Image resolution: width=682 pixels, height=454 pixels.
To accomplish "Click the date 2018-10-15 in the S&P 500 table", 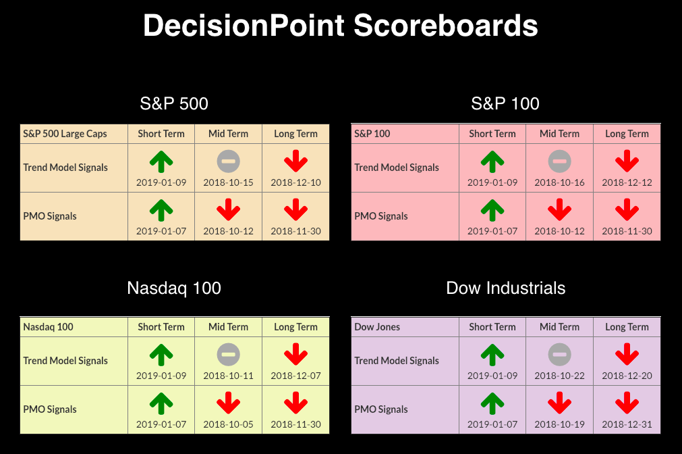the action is [229, 182].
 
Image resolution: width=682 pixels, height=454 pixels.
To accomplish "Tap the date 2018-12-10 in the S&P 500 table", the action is [295, 182].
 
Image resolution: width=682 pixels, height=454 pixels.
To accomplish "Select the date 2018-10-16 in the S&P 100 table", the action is [559, 182].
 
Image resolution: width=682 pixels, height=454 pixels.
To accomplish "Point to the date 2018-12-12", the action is [627, 182].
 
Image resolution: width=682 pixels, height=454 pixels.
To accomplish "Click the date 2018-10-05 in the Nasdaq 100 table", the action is [229, 424].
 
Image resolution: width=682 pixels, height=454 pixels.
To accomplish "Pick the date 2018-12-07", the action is [295, 376].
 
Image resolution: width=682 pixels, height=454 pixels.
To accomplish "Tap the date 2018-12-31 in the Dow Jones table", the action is [627, 424].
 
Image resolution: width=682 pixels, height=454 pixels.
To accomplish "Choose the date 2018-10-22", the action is [559, 376].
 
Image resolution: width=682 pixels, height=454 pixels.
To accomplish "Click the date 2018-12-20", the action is [627, 376].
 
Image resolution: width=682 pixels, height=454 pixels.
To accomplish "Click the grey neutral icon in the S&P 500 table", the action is [229, 161].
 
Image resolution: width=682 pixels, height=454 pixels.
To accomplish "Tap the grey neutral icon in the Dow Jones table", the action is [559, 354].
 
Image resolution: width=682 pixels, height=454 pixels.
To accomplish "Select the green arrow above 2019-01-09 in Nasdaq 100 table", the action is [161, 355].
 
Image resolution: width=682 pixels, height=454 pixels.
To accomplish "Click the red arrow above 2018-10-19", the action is [559, 403].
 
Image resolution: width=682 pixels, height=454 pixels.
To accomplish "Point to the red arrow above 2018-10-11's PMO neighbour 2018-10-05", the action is [229, 403].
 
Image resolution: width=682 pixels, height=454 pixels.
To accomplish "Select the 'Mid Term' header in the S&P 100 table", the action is [559, 134].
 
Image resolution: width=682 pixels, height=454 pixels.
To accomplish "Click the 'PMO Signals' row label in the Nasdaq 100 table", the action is [50, 409].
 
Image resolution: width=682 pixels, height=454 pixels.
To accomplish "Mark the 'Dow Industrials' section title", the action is [506, 288].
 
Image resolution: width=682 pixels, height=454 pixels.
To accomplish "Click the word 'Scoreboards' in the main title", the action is [446, 25].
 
